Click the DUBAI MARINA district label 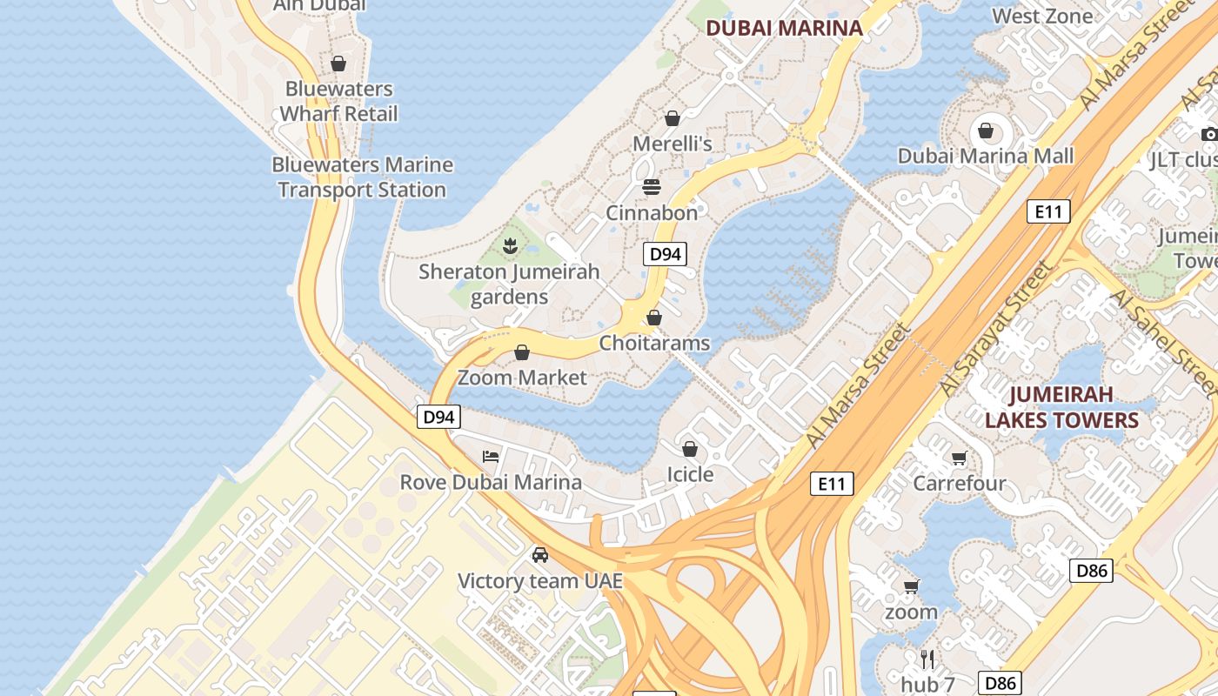click(x=784, y=28)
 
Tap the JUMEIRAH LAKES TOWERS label click(x=1061, y=407)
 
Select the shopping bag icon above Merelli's click(x=672, y=118)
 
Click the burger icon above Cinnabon click(x=651, y=187)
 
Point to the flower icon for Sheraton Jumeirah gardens click(x=510, y=245)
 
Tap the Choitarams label click(x=654, y=343)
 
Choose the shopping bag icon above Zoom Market click(x=522, y=352)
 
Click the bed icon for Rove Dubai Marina click(x=491, y=456)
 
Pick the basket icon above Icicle click(x=690, y=449)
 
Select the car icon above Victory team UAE click(x=540, y=555)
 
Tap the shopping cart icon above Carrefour click(x=959, y=458)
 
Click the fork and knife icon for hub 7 click(x=927, y=659)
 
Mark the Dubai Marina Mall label click(x=986, y=156)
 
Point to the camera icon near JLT click(x=1209, y=134)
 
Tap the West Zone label click(x=1042, y=16)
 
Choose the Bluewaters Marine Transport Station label click(x=362, y=177)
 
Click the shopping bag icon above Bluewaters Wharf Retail click(x=338, y=64)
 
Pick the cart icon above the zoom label click(x=911, y=586)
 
